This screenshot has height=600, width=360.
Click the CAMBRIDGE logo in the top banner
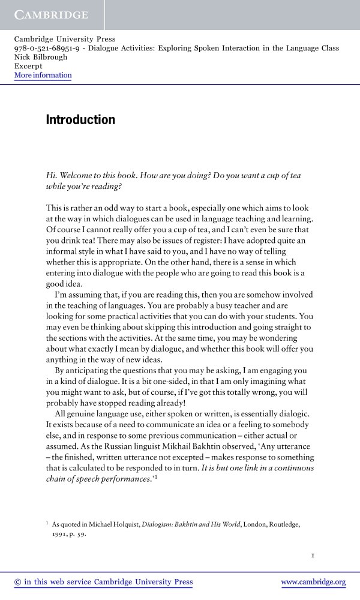tap(51, 14)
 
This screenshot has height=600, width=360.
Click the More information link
tap(43, 76)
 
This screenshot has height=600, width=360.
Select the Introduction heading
tap(80, 120)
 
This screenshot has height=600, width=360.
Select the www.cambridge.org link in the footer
tap(313, 582)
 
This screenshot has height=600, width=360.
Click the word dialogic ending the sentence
tap(291, 414)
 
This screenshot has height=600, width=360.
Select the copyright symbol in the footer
tap(17, 582)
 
